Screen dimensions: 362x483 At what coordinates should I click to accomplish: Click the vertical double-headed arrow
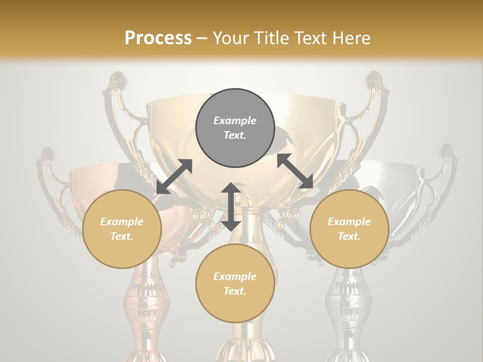[x=231, y=207]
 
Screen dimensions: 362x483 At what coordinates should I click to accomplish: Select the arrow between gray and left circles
[x=174, y=176]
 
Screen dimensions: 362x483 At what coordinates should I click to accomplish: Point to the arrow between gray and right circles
[x=295, y=171]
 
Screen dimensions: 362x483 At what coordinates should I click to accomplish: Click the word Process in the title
[x=158, y=38]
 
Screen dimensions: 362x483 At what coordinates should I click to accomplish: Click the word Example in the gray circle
[x=235, y=121]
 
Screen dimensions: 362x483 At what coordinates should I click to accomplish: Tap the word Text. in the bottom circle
[x=235, y=291]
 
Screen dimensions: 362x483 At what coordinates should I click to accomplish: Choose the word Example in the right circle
[x=349, y=222]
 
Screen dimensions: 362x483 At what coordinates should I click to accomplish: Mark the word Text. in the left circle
[x=122, y=236]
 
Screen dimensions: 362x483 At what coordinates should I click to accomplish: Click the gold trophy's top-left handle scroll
[x=117, y=83]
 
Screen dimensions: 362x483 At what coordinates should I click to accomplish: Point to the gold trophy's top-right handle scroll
[x=374, y=83]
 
